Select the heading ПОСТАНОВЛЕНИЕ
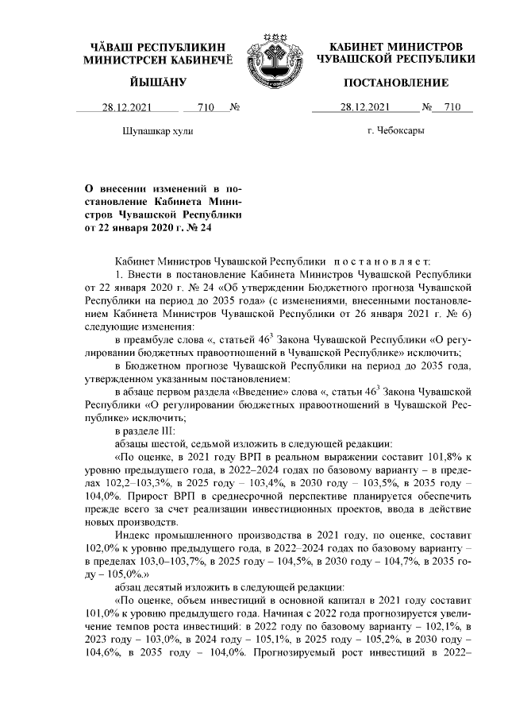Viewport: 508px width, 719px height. [x=395, y=83]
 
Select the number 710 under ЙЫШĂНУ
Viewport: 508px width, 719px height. [x=205, y=107]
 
